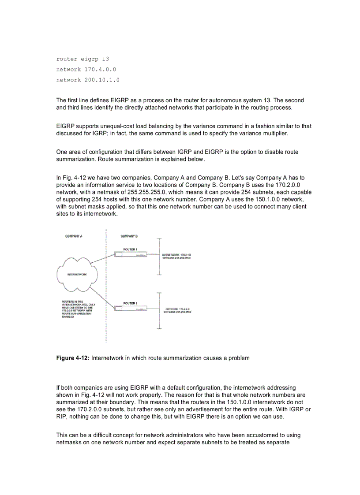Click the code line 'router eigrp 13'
(82, 59)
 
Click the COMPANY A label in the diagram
(74, 236)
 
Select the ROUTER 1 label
(130, 249)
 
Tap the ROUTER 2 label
(130, 303)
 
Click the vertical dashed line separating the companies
(106, 326)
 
